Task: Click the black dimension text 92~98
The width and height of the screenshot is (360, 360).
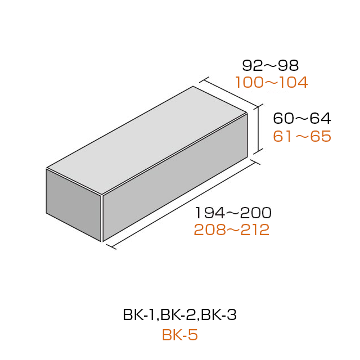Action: [271, 65]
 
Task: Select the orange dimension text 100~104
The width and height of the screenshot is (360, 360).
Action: [272, 83]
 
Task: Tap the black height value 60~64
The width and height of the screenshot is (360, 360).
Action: [302, 119]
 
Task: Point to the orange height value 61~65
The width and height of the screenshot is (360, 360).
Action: [302, 136]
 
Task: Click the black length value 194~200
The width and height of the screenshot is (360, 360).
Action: [233, 213]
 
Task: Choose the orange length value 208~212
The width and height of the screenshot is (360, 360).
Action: [232, 230]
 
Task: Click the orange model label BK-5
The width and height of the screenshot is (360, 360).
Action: [180, 335]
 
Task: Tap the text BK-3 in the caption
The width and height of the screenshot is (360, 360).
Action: [219, 315]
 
